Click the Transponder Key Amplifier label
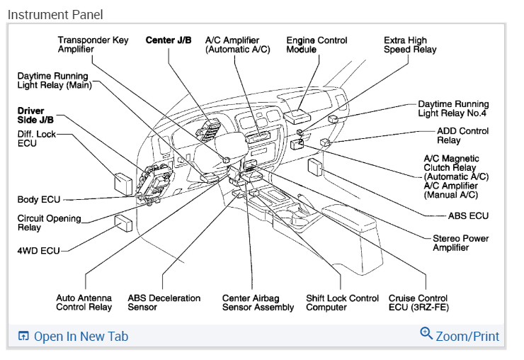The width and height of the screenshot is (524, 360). coord(93,45)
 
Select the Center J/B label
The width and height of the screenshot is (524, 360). coord(169,40)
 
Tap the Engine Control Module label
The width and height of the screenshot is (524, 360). coord(317,45)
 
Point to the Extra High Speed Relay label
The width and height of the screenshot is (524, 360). coord(410,45)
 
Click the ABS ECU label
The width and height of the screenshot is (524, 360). coord(468,215)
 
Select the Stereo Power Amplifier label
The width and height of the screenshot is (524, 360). coord(461,242)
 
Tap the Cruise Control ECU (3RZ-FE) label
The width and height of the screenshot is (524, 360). coord(418,303)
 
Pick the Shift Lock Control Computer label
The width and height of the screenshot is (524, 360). coord(342,303)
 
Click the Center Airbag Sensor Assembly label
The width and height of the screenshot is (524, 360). coord(258,303)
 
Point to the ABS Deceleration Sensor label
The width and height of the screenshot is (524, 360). coord(164,303)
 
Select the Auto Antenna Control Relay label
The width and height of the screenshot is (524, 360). coord(84,303)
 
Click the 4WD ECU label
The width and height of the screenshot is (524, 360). coord(39,250)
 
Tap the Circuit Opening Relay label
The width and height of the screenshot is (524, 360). coord(49,223)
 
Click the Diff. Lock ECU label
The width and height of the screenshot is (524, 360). coord(36,138)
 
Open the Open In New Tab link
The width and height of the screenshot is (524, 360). coord(73,336)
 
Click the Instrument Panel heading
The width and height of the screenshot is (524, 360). coord(55,14)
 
